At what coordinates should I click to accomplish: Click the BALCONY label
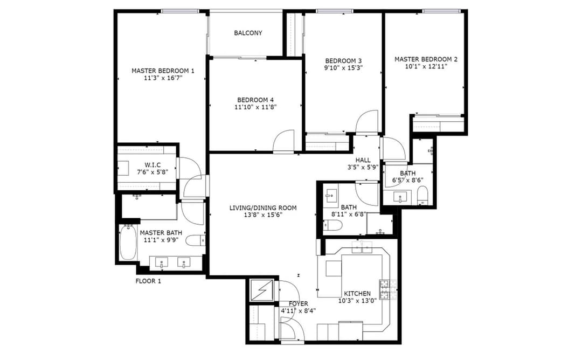[248, 33]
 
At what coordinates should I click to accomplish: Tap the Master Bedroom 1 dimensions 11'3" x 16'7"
[163, 78]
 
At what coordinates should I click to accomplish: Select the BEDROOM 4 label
[255, 100]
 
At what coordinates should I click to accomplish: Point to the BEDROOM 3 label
[343, 61]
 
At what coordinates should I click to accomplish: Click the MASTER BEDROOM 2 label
[426, 59]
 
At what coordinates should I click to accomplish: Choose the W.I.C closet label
[153, 165]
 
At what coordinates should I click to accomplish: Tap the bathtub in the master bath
[128, 243]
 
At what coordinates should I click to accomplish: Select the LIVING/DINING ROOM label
[263, 208]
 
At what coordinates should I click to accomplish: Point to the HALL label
[363, 160]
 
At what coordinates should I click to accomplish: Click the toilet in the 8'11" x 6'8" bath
[332, 225]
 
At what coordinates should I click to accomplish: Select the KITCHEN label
[357, 294]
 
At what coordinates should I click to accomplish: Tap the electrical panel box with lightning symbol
[261, 290]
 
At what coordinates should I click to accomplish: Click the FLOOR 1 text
[148, 281]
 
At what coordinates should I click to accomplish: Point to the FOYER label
[298, 304]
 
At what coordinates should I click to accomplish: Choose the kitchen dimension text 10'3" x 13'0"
[357, 301]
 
